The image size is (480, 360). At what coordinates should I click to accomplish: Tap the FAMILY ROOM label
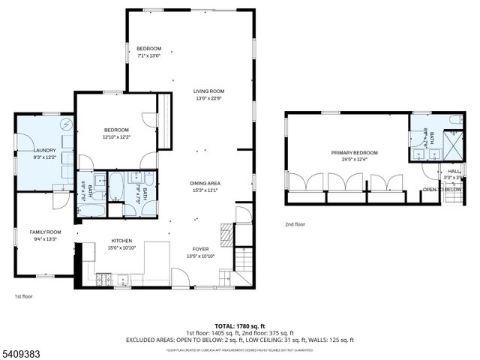pos(46,232)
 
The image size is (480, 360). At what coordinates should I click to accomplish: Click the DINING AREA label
pos(204,184)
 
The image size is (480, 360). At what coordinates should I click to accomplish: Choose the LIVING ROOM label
pos(208,91)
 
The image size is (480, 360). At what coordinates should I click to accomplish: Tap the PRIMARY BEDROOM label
pos(355,153)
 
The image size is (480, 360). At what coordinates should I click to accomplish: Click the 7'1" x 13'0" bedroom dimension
pos(148,55)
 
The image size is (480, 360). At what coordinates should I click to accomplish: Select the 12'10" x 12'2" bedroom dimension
pos(116,136)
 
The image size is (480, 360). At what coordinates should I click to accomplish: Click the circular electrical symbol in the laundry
pos(66,124)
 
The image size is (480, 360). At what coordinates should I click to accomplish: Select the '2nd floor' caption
pos(295,224)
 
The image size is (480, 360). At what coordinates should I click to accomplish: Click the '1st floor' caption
pos(23,296)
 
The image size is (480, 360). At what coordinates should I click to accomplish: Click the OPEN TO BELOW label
pos(442,190)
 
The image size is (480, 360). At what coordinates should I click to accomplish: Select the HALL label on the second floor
pos(454,171)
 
